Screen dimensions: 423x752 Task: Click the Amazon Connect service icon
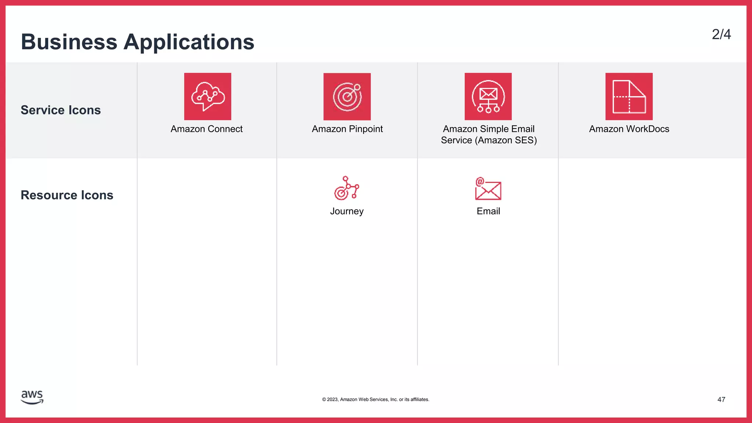pos(207,96)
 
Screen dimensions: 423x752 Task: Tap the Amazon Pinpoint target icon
pos(347,97)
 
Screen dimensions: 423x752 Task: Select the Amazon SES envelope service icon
pos(488,96)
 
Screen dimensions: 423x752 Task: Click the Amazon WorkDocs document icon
pos(629,96)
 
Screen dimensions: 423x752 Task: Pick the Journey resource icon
pos(346,188)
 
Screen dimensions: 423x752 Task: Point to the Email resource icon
pos(488,189)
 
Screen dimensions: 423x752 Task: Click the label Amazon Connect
pos(206,129)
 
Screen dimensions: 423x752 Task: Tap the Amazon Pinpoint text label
pos(347,129)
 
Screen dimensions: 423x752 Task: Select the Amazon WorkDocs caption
pos(629,129)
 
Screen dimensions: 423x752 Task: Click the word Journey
pos(347,211)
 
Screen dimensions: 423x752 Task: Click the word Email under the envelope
pos(488,211)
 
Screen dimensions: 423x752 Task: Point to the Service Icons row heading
pos(61,110)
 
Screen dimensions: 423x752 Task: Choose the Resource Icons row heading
pos(67,195)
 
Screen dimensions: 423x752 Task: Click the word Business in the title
pos(69,42)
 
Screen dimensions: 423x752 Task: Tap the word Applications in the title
pos(189,42)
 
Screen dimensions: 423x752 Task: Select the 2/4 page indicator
pos(721,35)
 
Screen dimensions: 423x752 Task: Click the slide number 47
pos(721,399)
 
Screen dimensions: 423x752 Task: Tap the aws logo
pos(32,397)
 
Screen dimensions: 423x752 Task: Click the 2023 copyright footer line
pos(376,399)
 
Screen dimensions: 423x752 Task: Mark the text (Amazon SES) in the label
pos(506,140)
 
